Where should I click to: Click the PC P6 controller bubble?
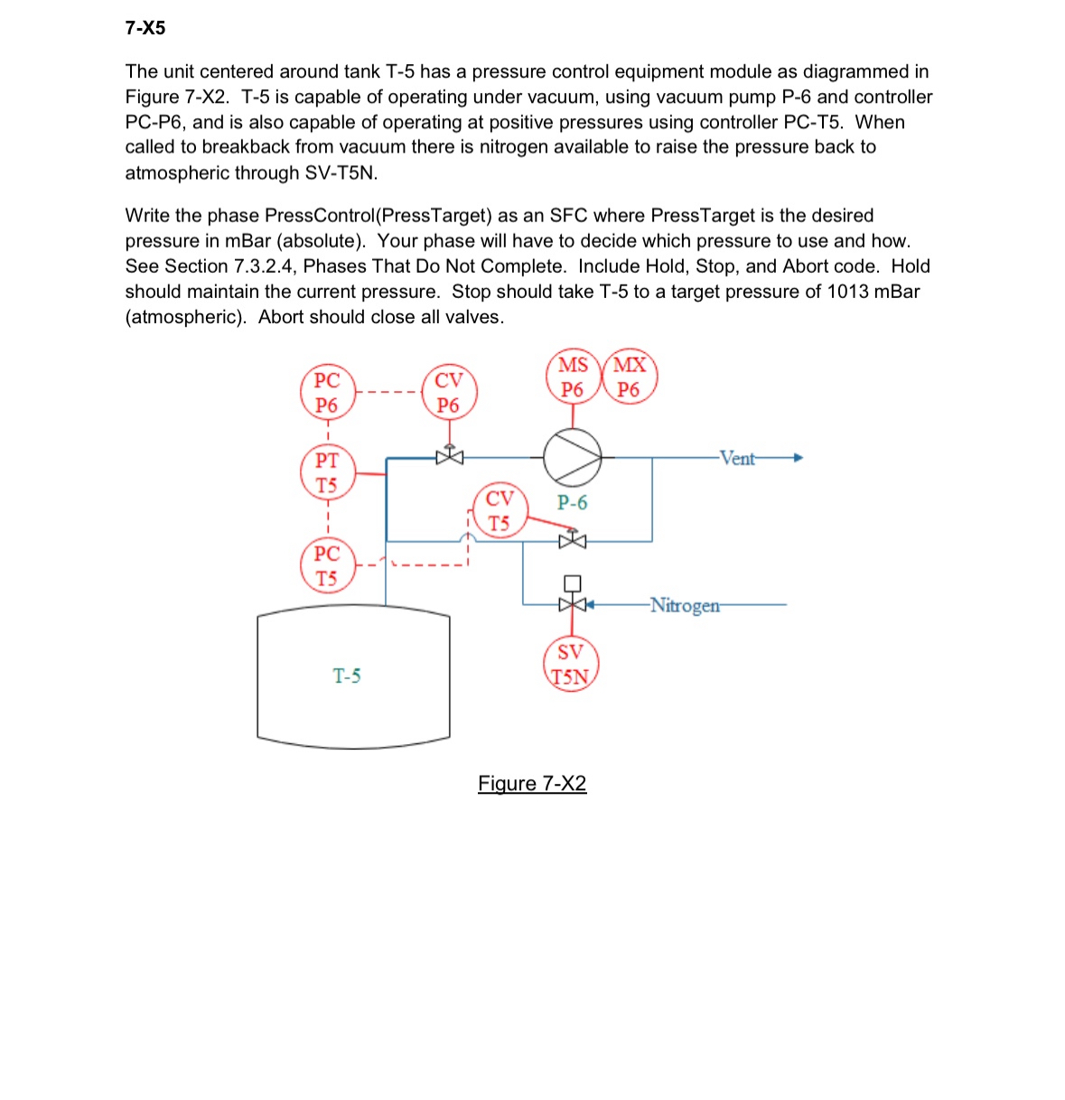click(327, 393)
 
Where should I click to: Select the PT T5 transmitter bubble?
click(327, 472)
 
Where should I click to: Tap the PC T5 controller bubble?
click(327, 565)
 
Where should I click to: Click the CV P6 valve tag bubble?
click(449, 392)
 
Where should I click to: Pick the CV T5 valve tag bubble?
click(500, 511)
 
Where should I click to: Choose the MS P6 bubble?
click(574, 378)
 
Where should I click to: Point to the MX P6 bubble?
click(630, 378)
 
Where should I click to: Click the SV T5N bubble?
click(571, 665)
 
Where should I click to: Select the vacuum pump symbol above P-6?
click(572, 457)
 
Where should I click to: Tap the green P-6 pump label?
click(572, 502)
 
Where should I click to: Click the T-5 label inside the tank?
click(347, 676)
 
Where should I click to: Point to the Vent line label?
click(737, 458)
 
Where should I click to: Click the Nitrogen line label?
click(686, 605)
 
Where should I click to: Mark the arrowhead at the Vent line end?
click(797, 458)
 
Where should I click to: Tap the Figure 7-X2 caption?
click(532, 783)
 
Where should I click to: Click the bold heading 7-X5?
click(145, 28)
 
